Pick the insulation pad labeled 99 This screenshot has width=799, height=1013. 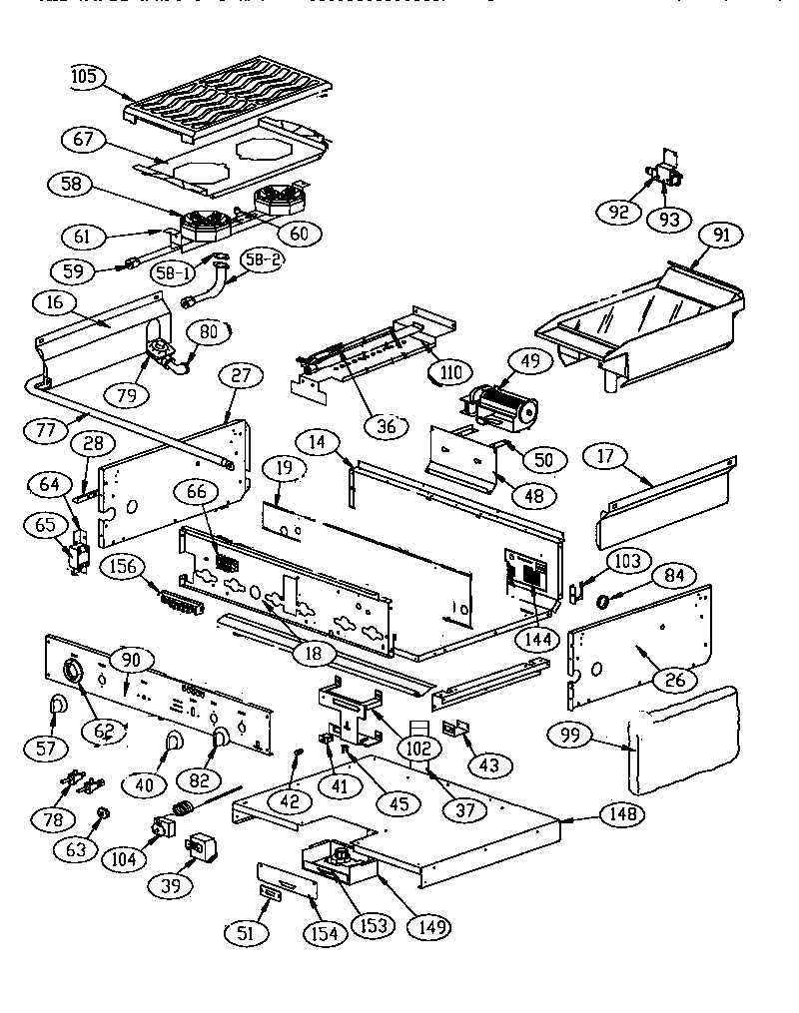(x=689, y=734)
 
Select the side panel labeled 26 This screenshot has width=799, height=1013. (x=639, y=639)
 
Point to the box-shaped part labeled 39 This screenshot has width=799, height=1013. (x=204, y=846)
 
